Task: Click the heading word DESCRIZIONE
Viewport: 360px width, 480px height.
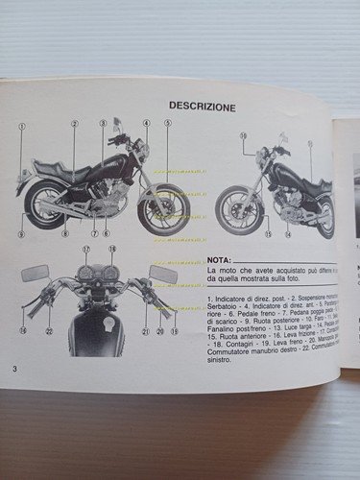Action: click(202, 106)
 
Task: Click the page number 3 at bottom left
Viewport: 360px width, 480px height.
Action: click(14, 370)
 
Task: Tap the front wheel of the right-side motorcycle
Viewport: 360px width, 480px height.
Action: click(235, 211)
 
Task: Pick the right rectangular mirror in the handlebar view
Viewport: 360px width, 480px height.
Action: click(163, 274)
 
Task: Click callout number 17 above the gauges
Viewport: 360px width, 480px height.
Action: click(85, 250)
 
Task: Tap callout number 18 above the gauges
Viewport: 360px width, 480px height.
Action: click(111, 250)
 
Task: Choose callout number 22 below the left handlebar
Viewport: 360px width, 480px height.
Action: click(48, 331)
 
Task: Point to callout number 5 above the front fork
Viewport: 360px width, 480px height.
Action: click(166, 123)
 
